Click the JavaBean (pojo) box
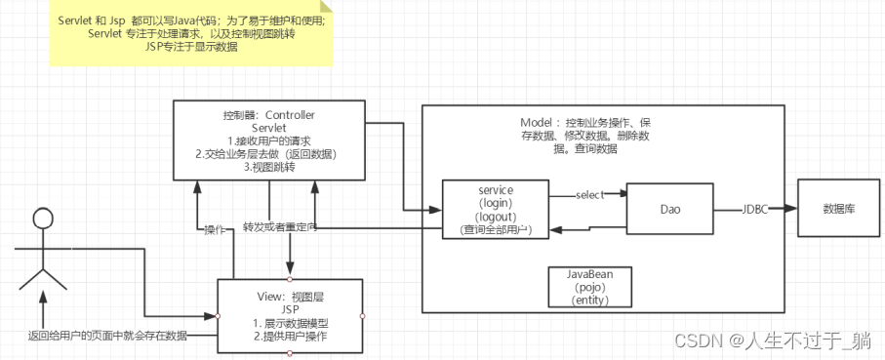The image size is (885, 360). tap(590, 288)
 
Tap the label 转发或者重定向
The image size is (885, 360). tap(280, 227)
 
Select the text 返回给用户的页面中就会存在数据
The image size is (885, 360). tap(107, 336)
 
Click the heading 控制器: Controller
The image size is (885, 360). tap(268, 114)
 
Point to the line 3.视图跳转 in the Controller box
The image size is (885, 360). tap(268, 167)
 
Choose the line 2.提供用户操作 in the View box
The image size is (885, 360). tap(290, 337)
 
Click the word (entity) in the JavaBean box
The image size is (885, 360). tap(590, 302)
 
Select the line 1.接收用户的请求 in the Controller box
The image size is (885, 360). tap(268, 140)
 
